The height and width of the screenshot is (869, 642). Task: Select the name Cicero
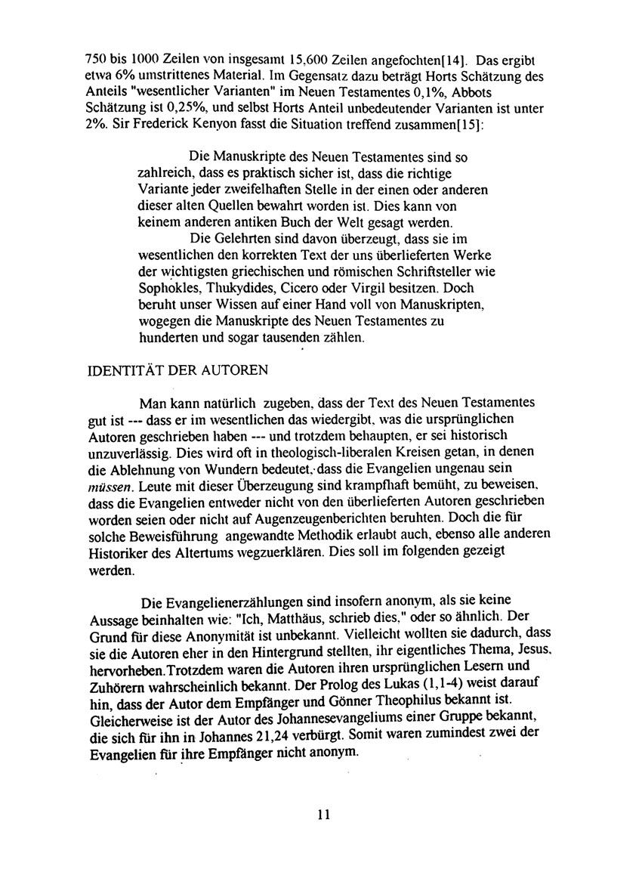click(310, 288)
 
